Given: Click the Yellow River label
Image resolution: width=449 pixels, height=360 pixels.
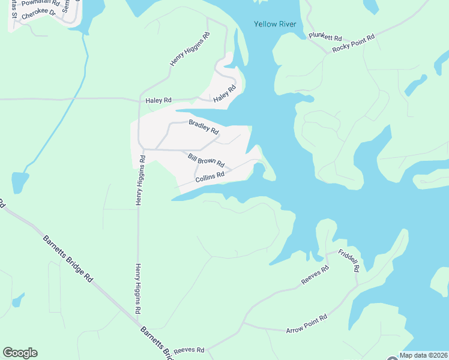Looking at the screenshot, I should [275, 24].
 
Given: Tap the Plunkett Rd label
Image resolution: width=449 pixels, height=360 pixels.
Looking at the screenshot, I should [325, 37].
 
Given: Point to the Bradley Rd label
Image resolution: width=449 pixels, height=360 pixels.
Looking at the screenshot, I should [203, 127].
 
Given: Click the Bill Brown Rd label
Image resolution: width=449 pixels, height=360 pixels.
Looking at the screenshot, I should [206, 160].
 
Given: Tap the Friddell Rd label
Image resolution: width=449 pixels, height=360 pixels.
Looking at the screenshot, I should [348, 260].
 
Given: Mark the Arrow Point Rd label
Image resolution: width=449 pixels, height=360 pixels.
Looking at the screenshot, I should [306, 324].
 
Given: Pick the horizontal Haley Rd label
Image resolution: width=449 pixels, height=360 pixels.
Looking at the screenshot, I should [158, 101].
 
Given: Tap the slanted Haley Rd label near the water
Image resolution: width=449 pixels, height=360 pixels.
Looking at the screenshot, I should [224, 93].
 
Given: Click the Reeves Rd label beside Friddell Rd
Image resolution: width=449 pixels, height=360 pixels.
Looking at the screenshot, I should [315, 276].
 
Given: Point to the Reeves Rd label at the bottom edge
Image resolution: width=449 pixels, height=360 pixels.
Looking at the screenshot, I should [189, 350].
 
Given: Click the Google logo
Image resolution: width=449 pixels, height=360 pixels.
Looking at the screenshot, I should [20, 353].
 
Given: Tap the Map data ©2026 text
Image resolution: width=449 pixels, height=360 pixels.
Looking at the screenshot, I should [423, 355].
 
